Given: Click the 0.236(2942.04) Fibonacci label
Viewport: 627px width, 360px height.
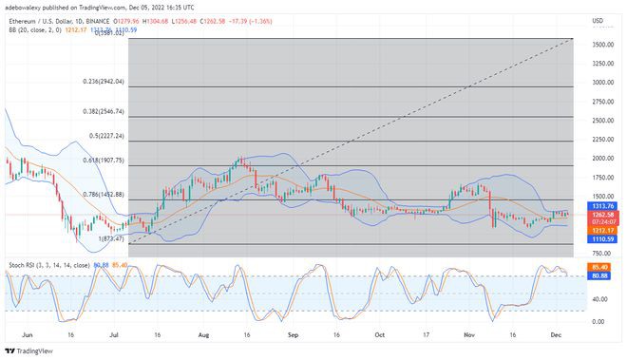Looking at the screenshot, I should (x=104, y=82).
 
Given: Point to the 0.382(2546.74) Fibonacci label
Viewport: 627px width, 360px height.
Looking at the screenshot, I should (x=104, y=111).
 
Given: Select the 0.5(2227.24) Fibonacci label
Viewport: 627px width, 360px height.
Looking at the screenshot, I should (x=106, y=135).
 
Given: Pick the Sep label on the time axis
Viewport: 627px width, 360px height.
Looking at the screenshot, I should (x=294, y=334).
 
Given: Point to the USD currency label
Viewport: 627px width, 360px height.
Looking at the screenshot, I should (x=597, y=20).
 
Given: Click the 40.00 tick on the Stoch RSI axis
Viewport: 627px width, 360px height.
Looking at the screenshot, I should (x=599, y=298).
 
